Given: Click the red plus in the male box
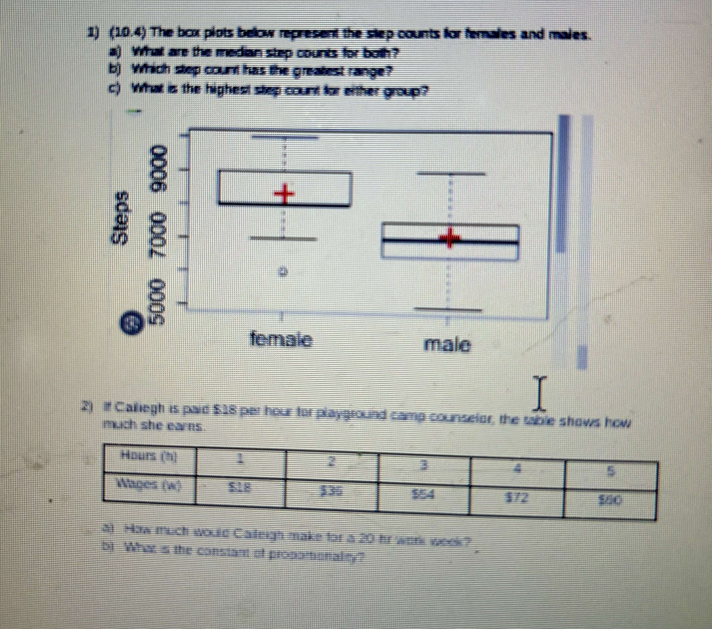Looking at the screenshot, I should coord(449,238).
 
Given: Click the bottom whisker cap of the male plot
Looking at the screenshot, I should coord(449,309).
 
